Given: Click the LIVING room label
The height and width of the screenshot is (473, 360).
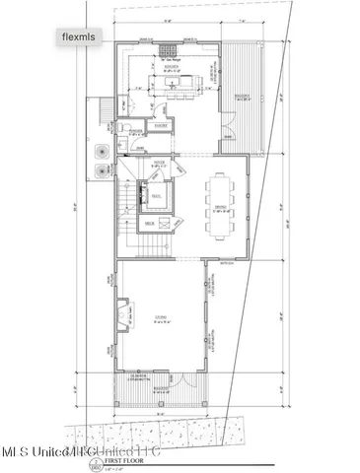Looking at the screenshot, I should click(x=161, y=317).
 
